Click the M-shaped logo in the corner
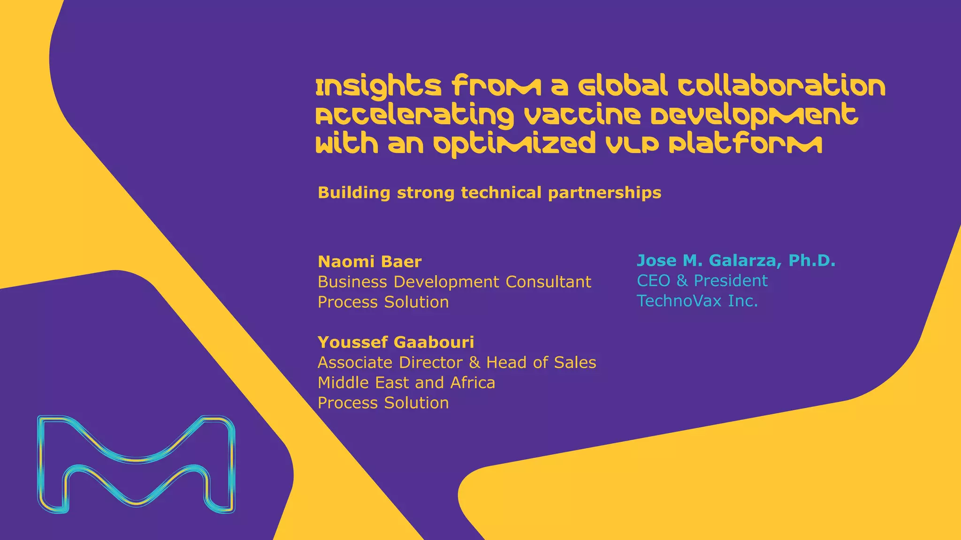point(136,464)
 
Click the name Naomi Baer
point(369,262)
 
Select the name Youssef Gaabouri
point(396,342)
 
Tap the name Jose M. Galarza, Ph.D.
point(736,261)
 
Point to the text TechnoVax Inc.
point(697,301)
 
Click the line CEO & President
point(702,281)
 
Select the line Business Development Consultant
point(454,282)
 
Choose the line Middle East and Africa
point(406,382)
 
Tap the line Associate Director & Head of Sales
point(457,362)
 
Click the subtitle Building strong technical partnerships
point(489,193)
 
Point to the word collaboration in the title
point(781,86)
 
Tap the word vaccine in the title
point(582,115)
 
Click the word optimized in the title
point(514,144)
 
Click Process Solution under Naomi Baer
point(383,302)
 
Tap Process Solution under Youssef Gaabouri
point(383,403)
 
